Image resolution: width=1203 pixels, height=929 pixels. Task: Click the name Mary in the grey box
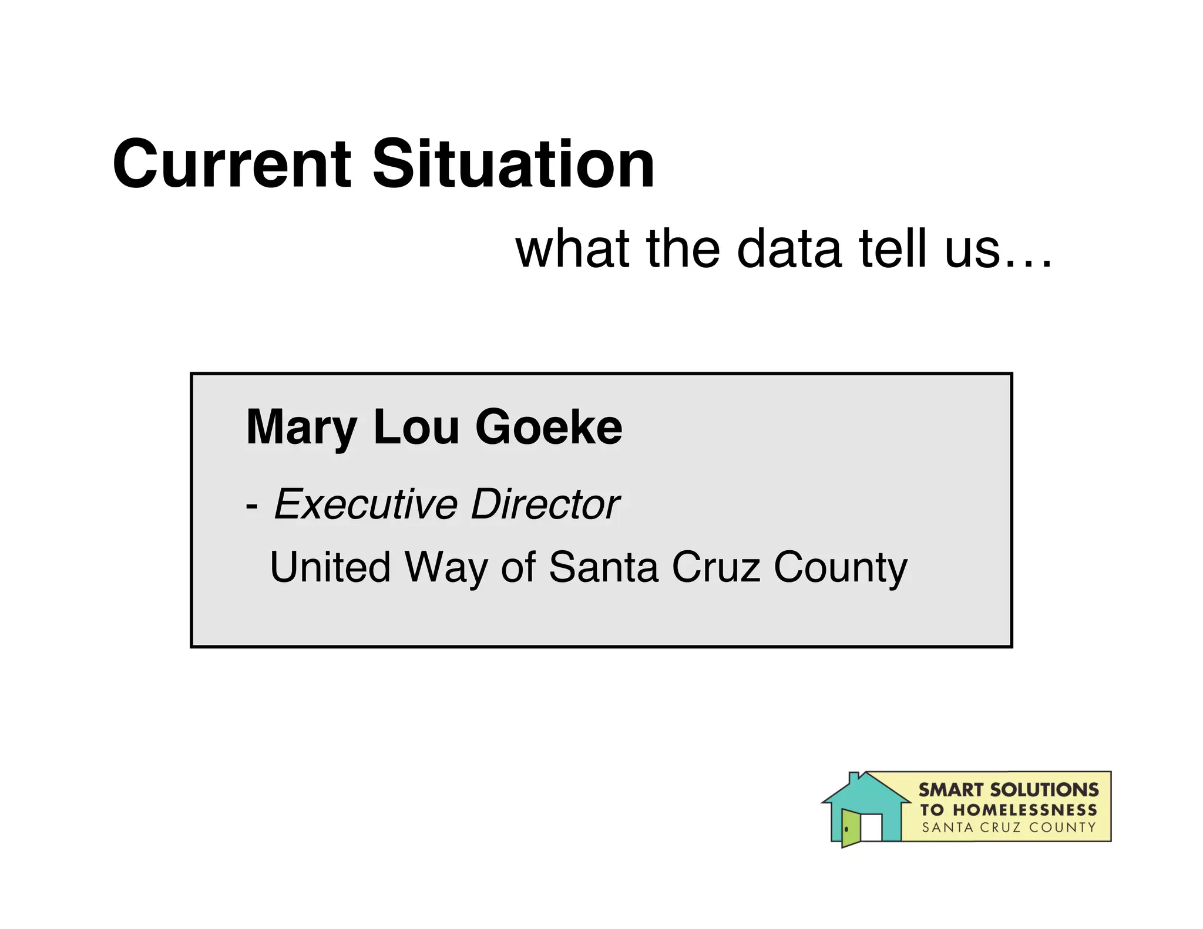(301, 428)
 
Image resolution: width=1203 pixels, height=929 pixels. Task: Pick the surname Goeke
(549, 427)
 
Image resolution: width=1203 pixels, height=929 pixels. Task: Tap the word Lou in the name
(416, 427)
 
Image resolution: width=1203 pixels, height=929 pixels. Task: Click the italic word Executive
(365, 504)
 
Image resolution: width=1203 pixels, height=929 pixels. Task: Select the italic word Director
(545, 504)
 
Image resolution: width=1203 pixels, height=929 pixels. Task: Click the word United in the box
(330, 567)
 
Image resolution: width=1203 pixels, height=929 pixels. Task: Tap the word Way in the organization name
(446, 568)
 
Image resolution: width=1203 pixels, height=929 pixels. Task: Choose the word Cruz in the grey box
(716, 567)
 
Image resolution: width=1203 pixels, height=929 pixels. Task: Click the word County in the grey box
(841, 568)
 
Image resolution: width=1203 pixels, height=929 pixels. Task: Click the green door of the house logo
(850, 827)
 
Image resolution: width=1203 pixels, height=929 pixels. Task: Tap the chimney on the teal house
(854, 777)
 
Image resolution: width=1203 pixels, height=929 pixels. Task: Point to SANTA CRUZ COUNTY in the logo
(1009, 828)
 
